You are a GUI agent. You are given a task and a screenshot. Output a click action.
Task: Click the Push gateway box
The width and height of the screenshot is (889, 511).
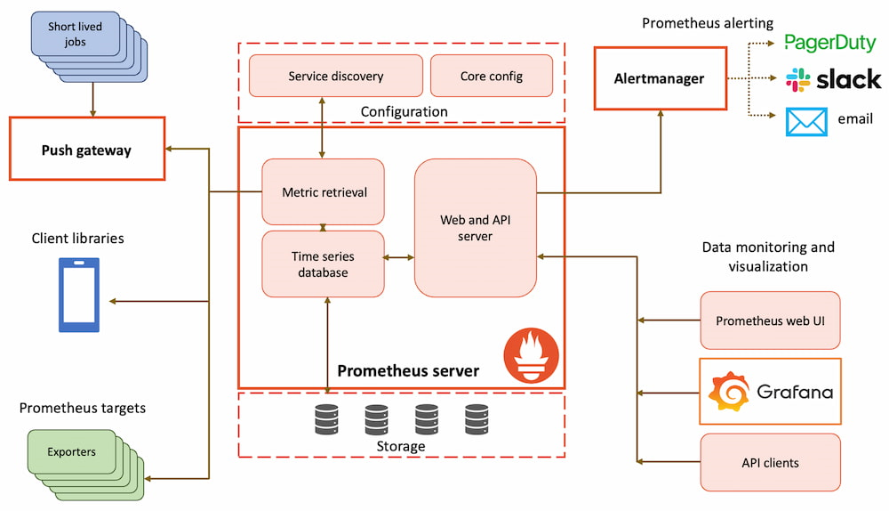[x=86, y=150]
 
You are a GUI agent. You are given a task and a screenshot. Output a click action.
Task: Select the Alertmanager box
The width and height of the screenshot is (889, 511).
[x=659, y=78]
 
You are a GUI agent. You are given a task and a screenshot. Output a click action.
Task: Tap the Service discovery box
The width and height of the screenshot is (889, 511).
[x=335, y=76]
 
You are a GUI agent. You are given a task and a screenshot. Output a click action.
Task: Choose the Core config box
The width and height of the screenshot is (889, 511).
[x=491, y=76]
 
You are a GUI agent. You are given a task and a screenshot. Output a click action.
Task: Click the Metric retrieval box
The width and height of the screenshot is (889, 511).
[x=324, y=191]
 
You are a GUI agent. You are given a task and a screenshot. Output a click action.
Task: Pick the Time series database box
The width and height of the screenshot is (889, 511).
[x=324, y=264]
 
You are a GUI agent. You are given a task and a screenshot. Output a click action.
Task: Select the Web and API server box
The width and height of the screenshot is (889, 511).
[x=476, y=228]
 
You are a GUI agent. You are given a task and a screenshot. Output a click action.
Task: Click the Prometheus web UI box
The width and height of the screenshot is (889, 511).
[x=770, y=320]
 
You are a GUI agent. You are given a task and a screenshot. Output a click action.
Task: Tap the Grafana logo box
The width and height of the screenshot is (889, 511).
[x=770, y=392]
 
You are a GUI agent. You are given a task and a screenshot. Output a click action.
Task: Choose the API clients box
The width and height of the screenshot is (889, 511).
[x=770, y=462]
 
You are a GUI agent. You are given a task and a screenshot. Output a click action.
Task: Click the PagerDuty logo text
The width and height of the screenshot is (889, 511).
[x=830, y=43]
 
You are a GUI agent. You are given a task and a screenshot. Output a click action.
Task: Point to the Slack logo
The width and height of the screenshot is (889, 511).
[x=834, y=79]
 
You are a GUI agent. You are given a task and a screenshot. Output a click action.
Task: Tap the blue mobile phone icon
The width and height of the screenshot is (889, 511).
[x=79, y=295]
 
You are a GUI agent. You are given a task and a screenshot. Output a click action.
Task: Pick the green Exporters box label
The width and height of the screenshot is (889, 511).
[x=72, y=451]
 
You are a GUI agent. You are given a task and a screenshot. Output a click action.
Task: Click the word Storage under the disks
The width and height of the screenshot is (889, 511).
[x=401, y=446]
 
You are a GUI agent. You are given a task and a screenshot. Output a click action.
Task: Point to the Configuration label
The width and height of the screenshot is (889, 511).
[x=404, y=111]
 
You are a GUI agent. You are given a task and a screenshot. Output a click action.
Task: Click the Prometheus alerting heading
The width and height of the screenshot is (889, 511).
[x=708, y=22]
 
